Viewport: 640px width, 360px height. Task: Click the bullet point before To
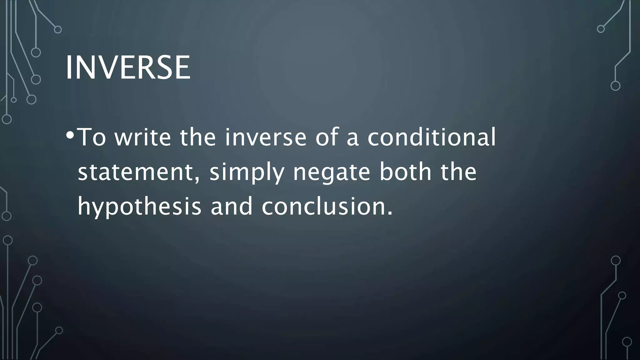pos(70,135)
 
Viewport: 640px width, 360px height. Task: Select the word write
pos(143,137)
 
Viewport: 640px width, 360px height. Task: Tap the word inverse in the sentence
pos(266,137)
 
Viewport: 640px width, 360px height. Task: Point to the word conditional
pos(432,137)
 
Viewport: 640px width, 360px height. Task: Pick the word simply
pos(247,172)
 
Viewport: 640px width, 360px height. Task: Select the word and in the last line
pos(231,207)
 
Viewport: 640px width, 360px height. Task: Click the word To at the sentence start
pos(91,137)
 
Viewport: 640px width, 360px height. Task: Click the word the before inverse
pos(198,137)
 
